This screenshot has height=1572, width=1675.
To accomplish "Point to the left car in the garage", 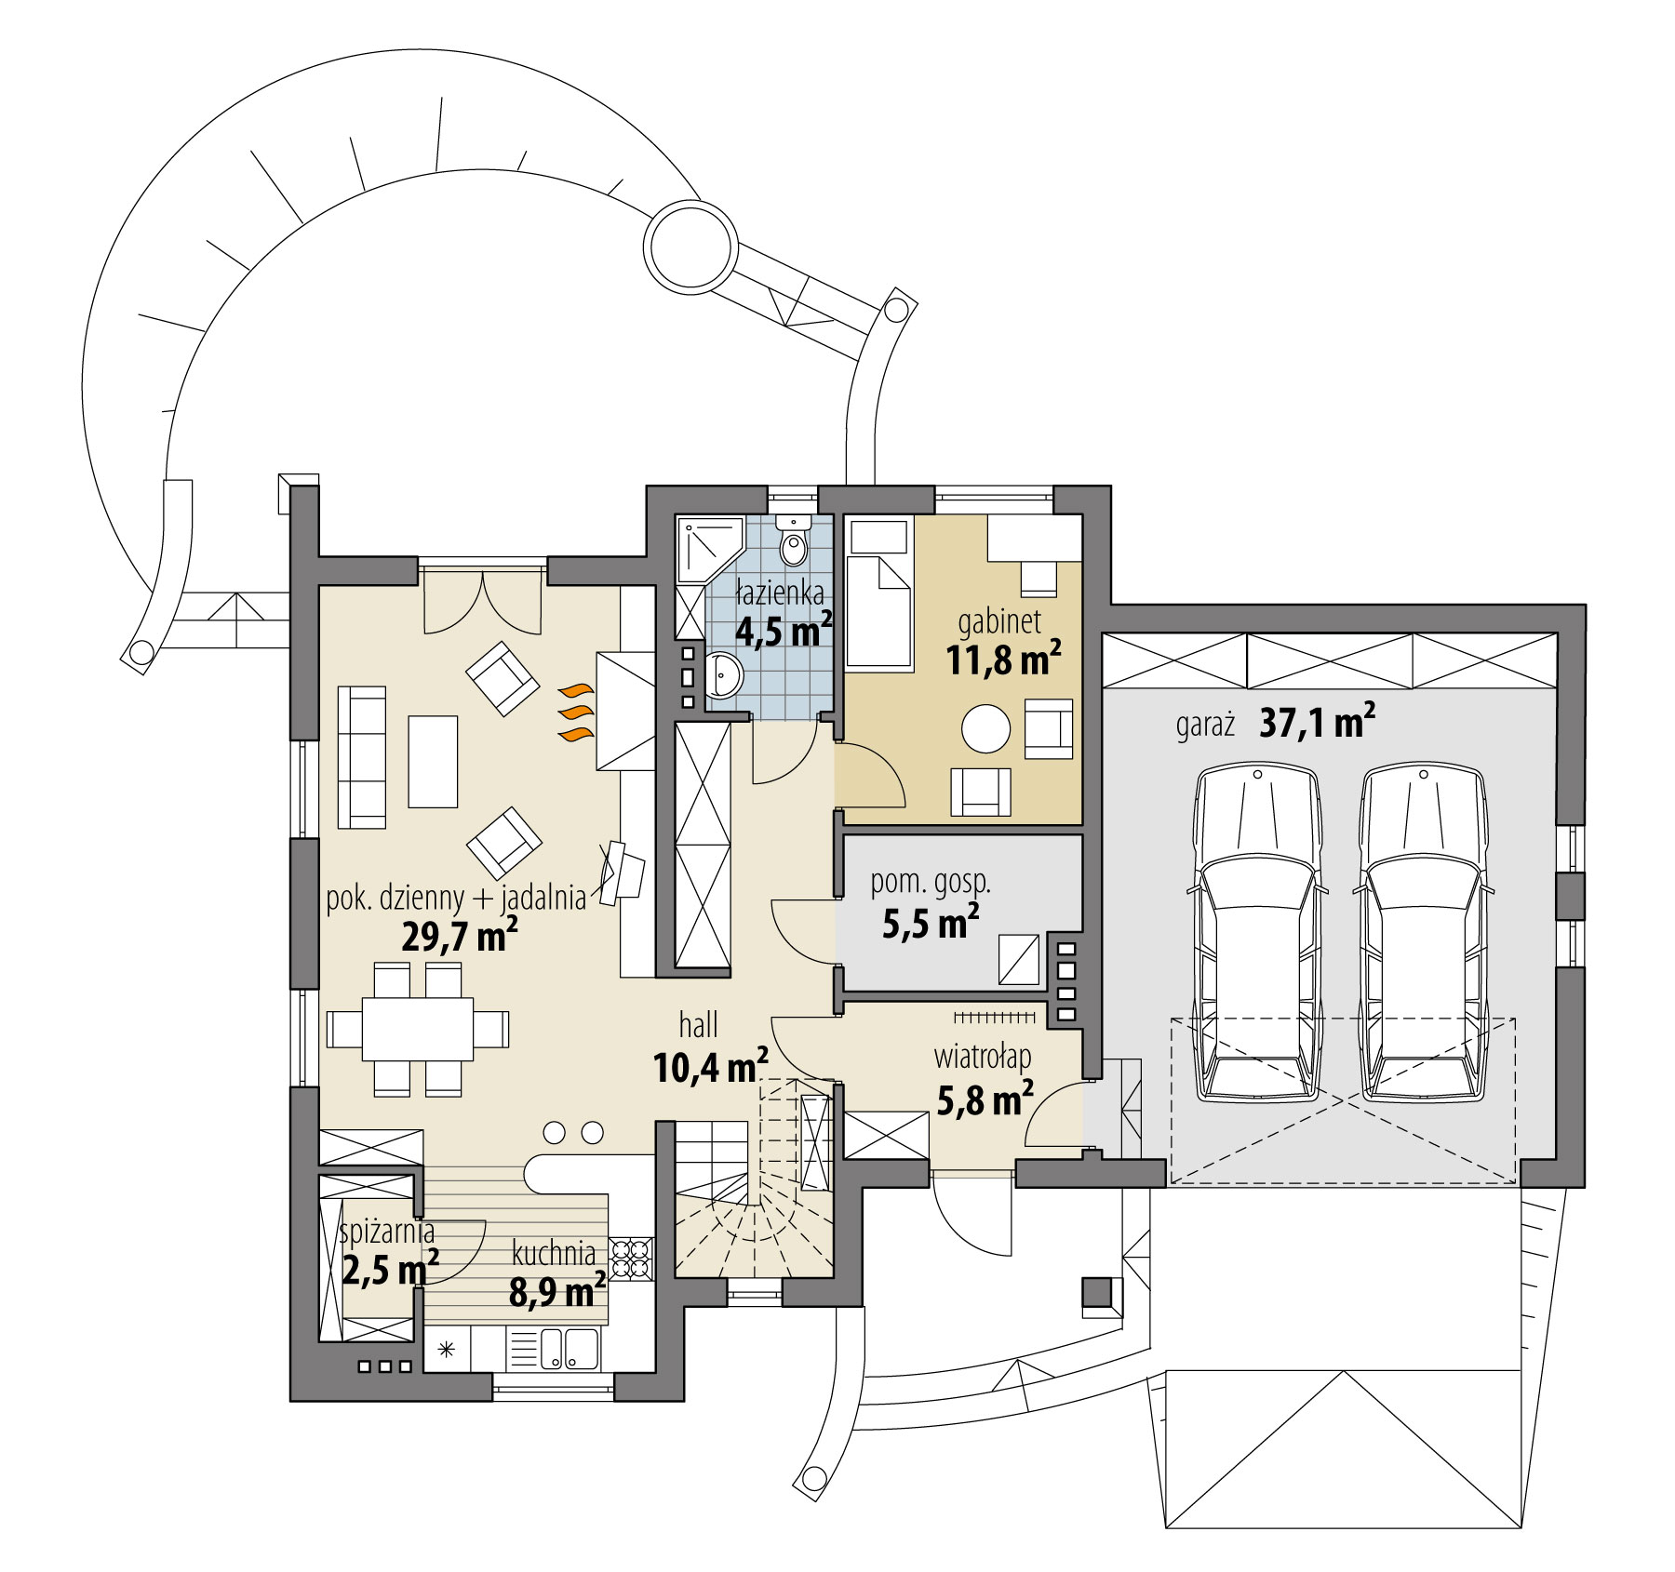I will (1257, 930).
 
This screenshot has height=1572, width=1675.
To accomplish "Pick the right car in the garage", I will (1422, 930).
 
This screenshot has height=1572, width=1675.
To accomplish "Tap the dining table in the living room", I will (418, 1029).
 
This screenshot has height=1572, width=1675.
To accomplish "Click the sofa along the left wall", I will (361, 757).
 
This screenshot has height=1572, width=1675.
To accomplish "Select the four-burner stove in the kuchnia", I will (632, 1259).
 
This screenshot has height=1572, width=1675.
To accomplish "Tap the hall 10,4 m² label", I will (709, 1047).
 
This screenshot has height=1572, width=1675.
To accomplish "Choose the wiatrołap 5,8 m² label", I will (984, 1079).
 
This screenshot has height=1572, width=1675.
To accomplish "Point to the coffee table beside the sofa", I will (433, 761).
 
